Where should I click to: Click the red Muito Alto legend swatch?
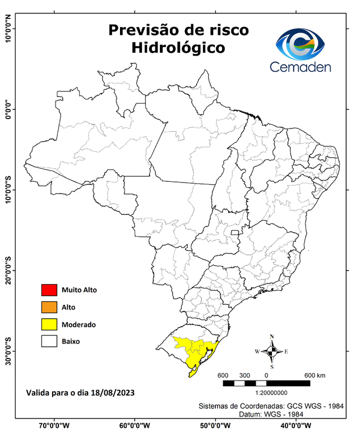tap(49, 290)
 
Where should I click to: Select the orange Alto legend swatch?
tap(49, 307)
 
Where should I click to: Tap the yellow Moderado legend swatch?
tap(49, 324)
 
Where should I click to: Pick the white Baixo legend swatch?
tap(49, 341)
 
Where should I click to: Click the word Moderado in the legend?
tap(79, 324)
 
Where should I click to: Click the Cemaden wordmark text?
tap(301, 67)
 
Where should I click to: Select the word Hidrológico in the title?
tap(178, 48)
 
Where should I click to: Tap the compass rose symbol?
tap(271, 352)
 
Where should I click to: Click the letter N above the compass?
tap(271, 337)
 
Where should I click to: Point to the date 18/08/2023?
tap(112, 392)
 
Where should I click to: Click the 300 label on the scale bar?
tap(244, 375)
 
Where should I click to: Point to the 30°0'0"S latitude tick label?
tap(8, 351)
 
